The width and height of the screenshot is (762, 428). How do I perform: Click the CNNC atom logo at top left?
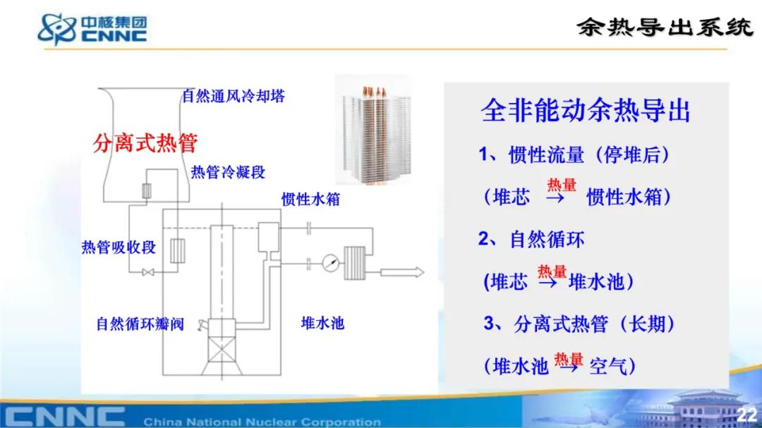(57, 29)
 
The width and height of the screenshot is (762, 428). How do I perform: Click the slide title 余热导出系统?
(665, 27)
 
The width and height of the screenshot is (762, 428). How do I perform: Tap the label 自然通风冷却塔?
(234, 96)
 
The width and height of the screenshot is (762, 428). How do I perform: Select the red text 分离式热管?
(145, 143)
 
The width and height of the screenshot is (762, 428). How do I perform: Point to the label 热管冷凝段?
(228, 172)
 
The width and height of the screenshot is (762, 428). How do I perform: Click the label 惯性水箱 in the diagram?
(310, 199)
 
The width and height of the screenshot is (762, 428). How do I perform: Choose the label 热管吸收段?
(119, 247)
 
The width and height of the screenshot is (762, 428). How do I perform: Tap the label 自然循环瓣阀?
(140, 324)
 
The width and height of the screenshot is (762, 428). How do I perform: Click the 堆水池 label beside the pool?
(322, 323)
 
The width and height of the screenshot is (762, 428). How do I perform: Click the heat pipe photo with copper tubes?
(374, 131)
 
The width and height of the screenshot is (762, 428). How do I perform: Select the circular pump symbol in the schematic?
(330, 264)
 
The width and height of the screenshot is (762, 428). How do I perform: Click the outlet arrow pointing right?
(402, 272)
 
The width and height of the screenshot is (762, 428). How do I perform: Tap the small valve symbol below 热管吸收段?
(148, 273)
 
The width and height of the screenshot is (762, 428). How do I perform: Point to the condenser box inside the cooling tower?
(146, 191)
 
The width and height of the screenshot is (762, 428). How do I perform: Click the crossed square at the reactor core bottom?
(222, 349)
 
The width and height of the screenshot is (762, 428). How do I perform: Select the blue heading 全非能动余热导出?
(585, 111)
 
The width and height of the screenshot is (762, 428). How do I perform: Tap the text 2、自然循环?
(531, 240)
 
